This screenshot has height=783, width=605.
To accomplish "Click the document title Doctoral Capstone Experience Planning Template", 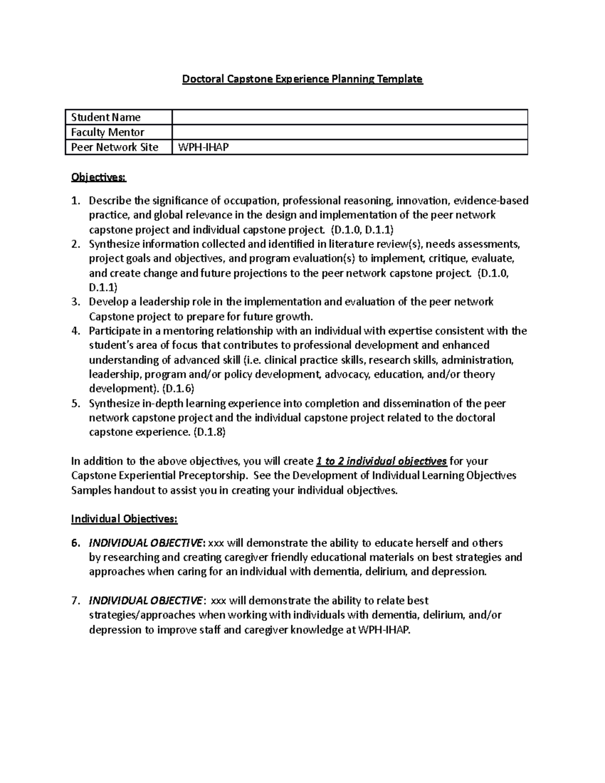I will [x=302, y=79].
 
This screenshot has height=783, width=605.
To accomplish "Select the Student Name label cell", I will [x=106, y=117].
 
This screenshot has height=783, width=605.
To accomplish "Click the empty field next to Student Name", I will [x=349, y=117].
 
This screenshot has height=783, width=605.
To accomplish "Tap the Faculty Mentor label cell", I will [x=108, y=132].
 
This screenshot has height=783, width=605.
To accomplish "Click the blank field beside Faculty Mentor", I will [x=349, y=132].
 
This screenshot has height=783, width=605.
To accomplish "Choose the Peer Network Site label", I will [x=115, y=147].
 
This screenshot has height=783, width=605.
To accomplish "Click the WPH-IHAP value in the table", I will [x=200, y=147].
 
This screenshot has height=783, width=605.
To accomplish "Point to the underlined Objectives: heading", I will [x=99, y=177].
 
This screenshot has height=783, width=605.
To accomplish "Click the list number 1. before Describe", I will [x=76, y=201].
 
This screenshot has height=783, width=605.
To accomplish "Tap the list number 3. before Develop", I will [x=76, y=302].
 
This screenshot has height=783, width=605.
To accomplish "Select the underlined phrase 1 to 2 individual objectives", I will [x=381, y=461].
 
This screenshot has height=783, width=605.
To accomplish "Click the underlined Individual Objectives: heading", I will [x=124, y=519].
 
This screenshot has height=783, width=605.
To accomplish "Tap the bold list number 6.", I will [x=76, y=543].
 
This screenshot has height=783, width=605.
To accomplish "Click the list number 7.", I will [x=76, y=601].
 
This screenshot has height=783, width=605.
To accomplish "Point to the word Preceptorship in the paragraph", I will [x=219, y=476].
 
